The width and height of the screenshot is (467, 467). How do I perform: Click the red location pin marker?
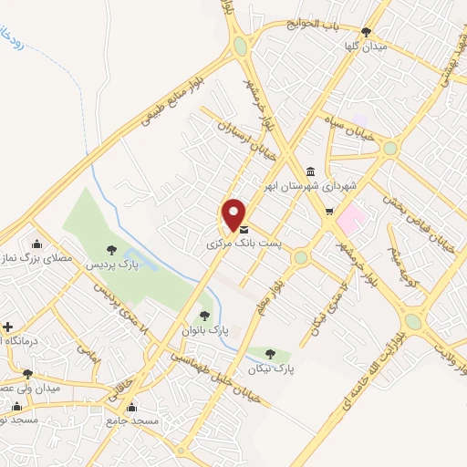(233, 213)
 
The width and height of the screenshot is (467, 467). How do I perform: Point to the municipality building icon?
(311, 171)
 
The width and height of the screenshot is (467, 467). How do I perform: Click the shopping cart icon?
(328, 212)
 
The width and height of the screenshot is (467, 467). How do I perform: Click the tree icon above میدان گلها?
(366, 31)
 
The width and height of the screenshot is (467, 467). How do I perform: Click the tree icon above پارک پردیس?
(111, 249)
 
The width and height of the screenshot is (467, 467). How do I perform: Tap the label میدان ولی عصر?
(28, 389)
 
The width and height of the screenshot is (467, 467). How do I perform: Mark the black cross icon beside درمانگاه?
(7, 326)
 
